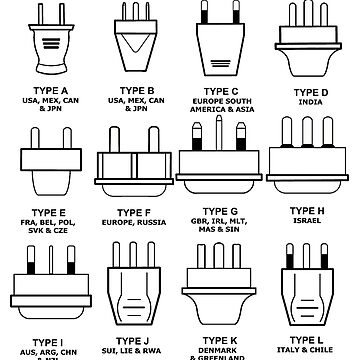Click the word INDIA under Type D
pos(311,101)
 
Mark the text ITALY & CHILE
pos(311,343)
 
